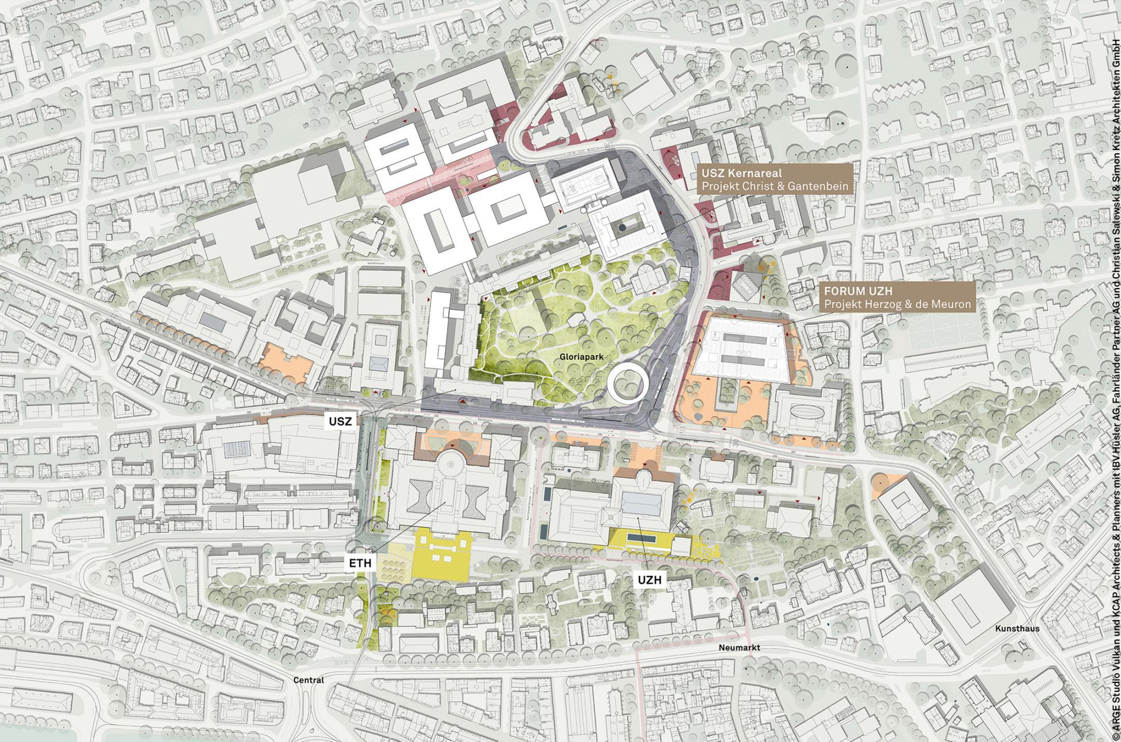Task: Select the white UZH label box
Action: (649, 580)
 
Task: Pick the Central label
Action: (308, 680)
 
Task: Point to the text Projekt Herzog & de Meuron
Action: (897, 304)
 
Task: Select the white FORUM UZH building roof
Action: (744, 349)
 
